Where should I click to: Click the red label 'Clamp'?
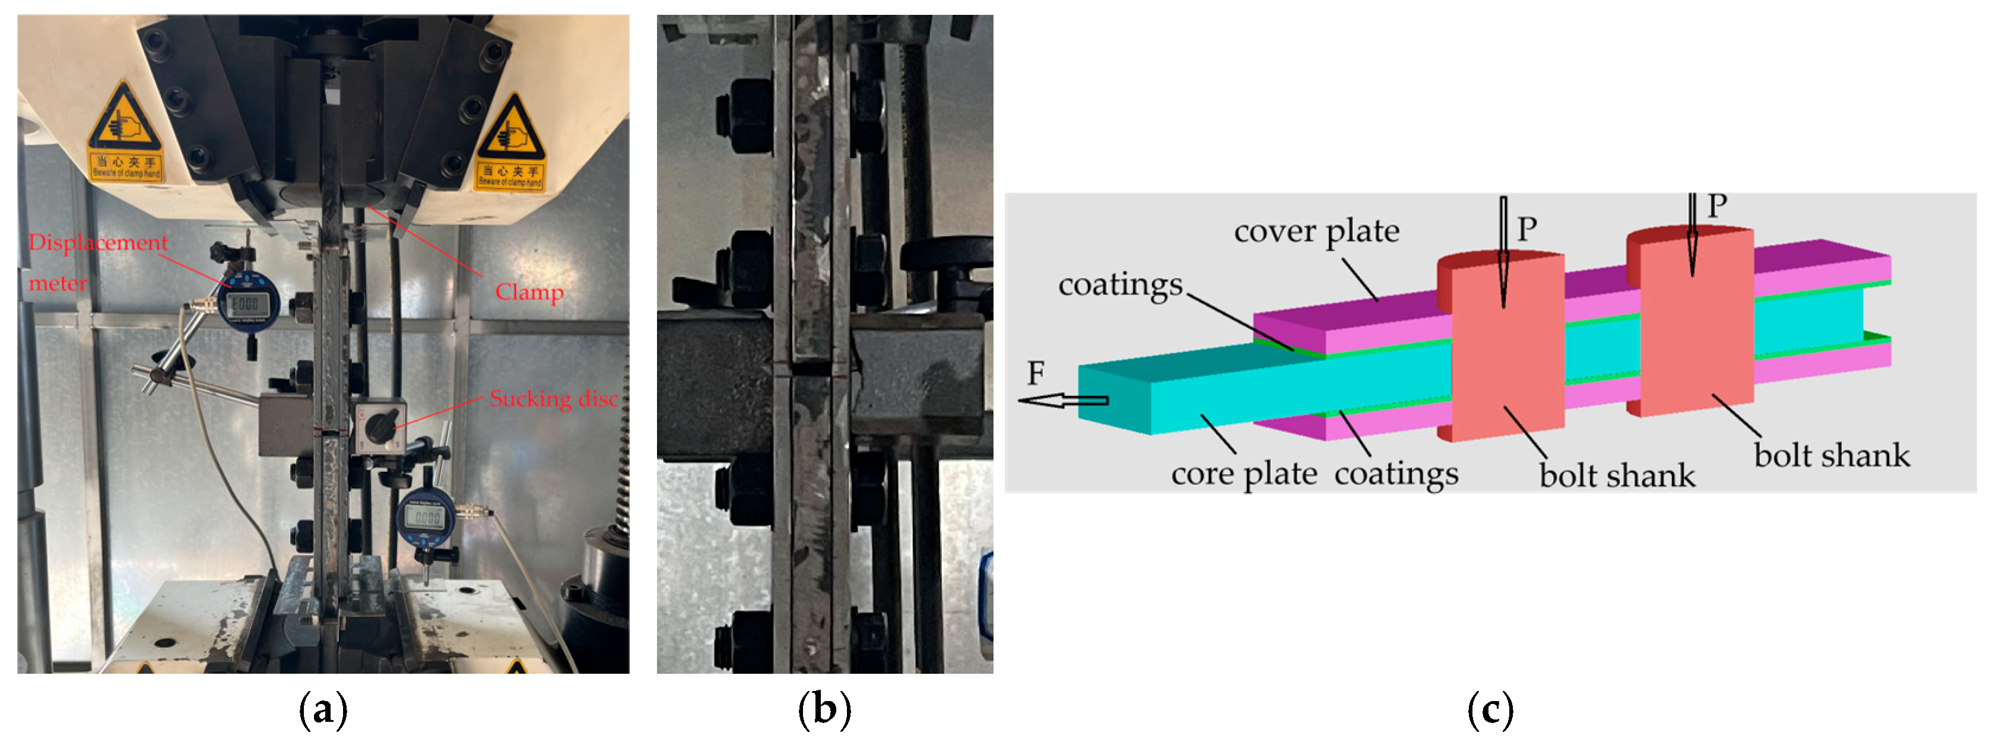[529, 292]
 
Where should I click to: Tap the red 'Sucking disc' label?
[554, 399]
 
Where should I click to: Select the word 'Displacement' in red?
[98, 243]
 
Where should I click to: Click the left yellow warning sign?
[125, 131]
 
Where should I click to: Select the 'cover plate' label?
[1316, 231]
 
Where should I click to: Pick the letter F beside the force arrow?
[1035, 374]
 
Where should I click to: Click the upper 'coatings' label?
[1120, 284]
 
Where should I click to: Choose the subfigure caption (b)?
[824, 709]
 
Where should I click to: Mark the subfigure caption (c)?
[1490, 709]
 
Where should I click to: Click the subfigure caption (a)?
[323, 709]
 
